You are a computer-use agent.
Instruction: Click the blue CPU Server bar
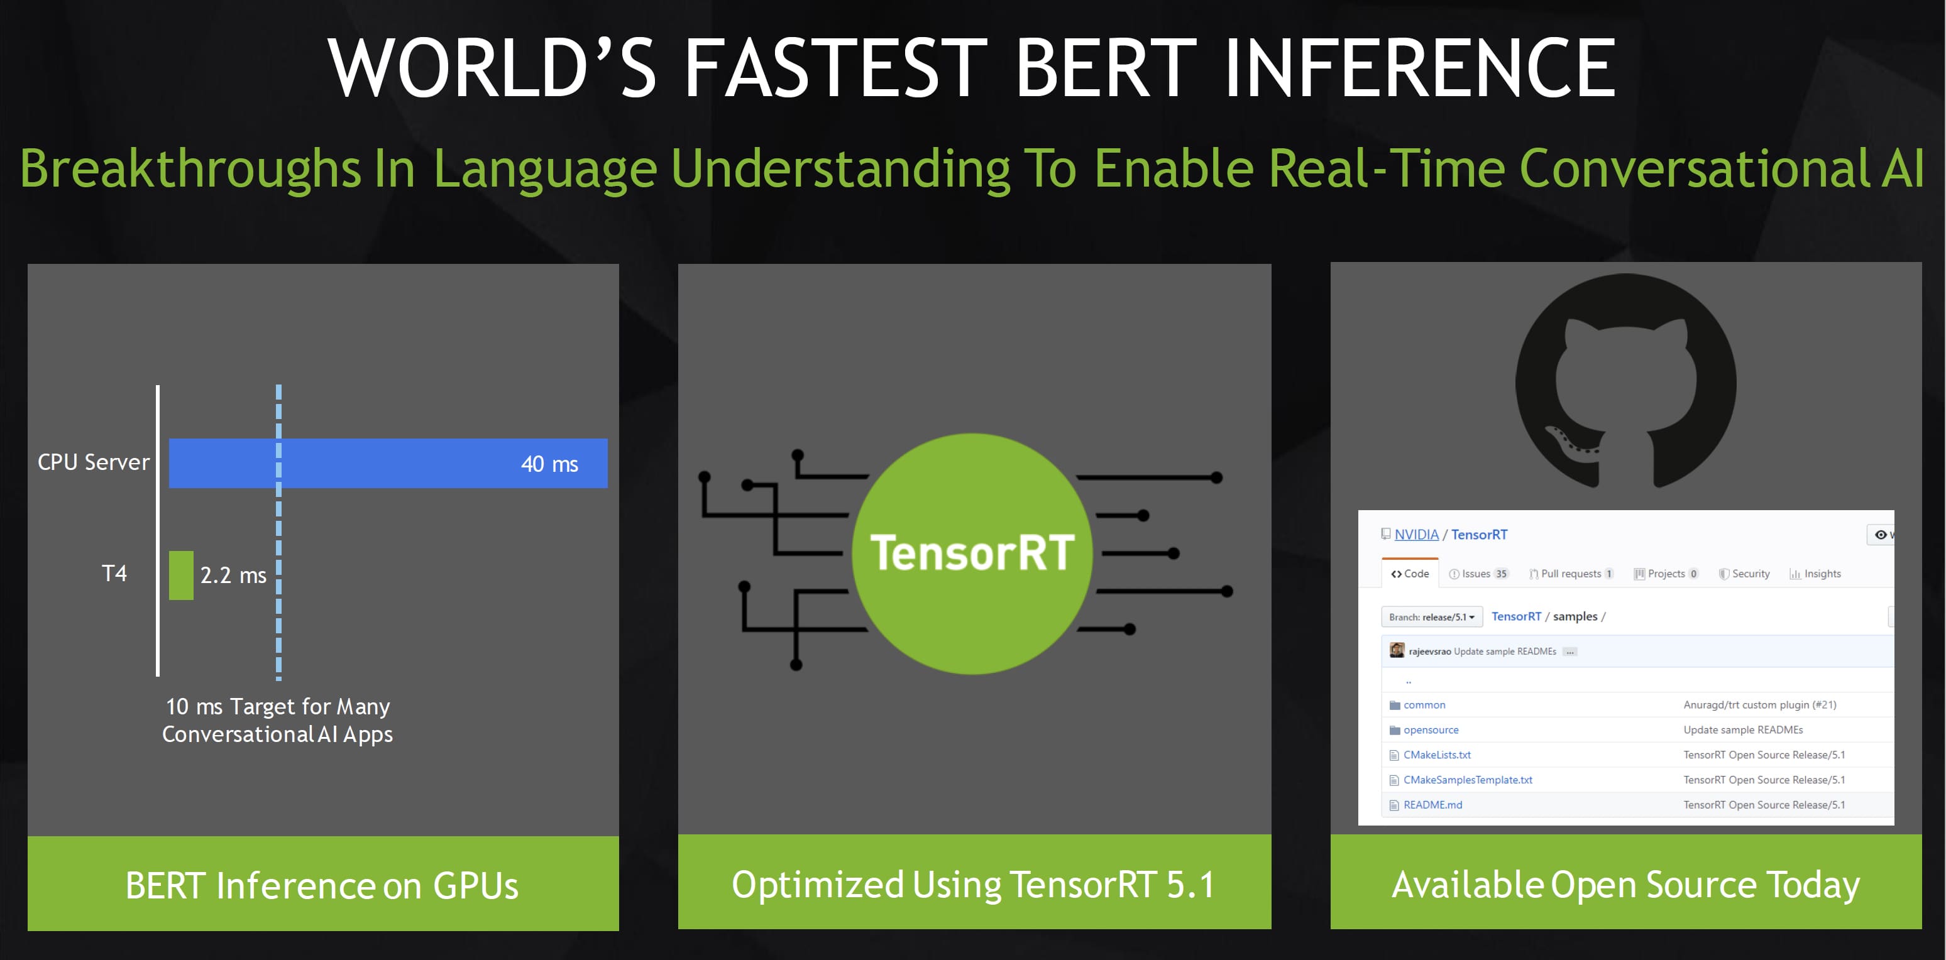coord(388,463)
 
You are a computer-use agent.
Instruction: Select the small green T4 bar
coord(181,575)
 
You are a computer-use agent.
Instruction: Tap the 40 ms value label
coord(549,464)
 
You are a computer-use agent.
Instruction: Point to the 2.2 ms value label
coord(233,575)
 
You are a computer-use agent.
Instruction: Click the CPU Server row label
coord(94,462)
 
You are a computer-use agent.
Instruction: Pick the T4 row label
coord(114,573)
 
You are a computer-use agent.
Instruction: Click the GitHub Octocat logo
coord(1625,381)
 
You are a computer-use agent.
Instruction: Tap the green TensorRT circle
coord(972,554)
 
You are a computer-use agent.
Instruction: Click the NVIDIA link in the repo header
coord(1416,535)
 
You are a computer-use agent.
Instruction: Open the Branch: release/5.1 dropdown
coord(1432,617)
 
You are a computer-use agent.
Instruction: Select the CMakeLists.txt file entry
coord(1437,755)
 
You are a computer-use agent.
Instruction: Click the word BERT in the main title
coord(1107,68)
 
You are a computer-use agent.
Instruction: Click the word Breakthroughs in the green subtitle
coord(190,168)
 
